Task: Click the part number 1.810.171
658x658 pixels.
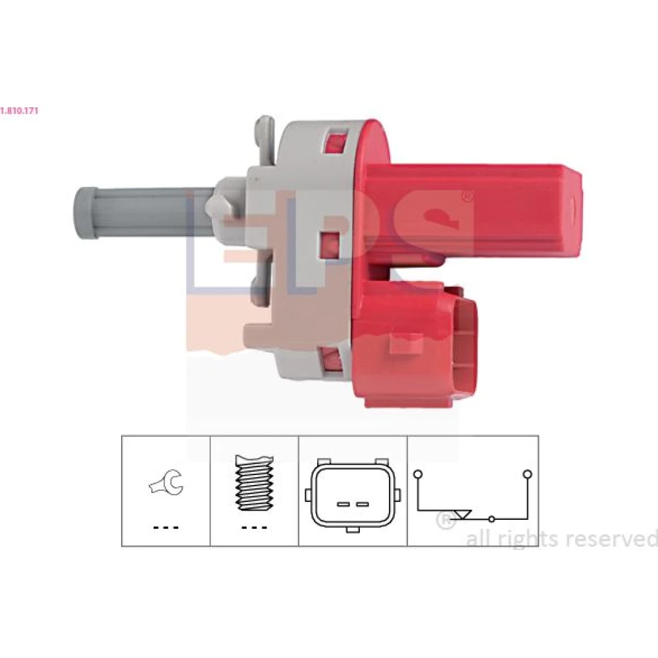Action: pyautogui.click(x=19, y=111)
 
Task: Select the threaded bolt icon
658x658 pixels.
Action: pyautogui.click(x=254, y=483)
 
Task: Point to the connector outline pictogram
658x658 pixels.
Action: pyautogui.click(x=353, y=495)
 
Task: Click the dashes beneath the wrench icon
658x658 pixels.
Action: pyautogui.click(x=166, y=528)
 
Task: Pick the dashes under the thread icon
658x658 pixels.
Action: pyautogui.click(x=254, y=528)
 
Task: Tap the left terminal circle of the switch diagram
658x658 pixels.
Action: pyautogui.click(x=418, y=474)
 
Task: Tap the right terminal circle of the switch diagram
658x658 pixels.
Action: pyautogui.click(x=528, y=474)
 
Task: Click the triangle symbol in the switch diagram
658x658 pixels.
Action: pyautogui.click(x=463, y=515)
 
